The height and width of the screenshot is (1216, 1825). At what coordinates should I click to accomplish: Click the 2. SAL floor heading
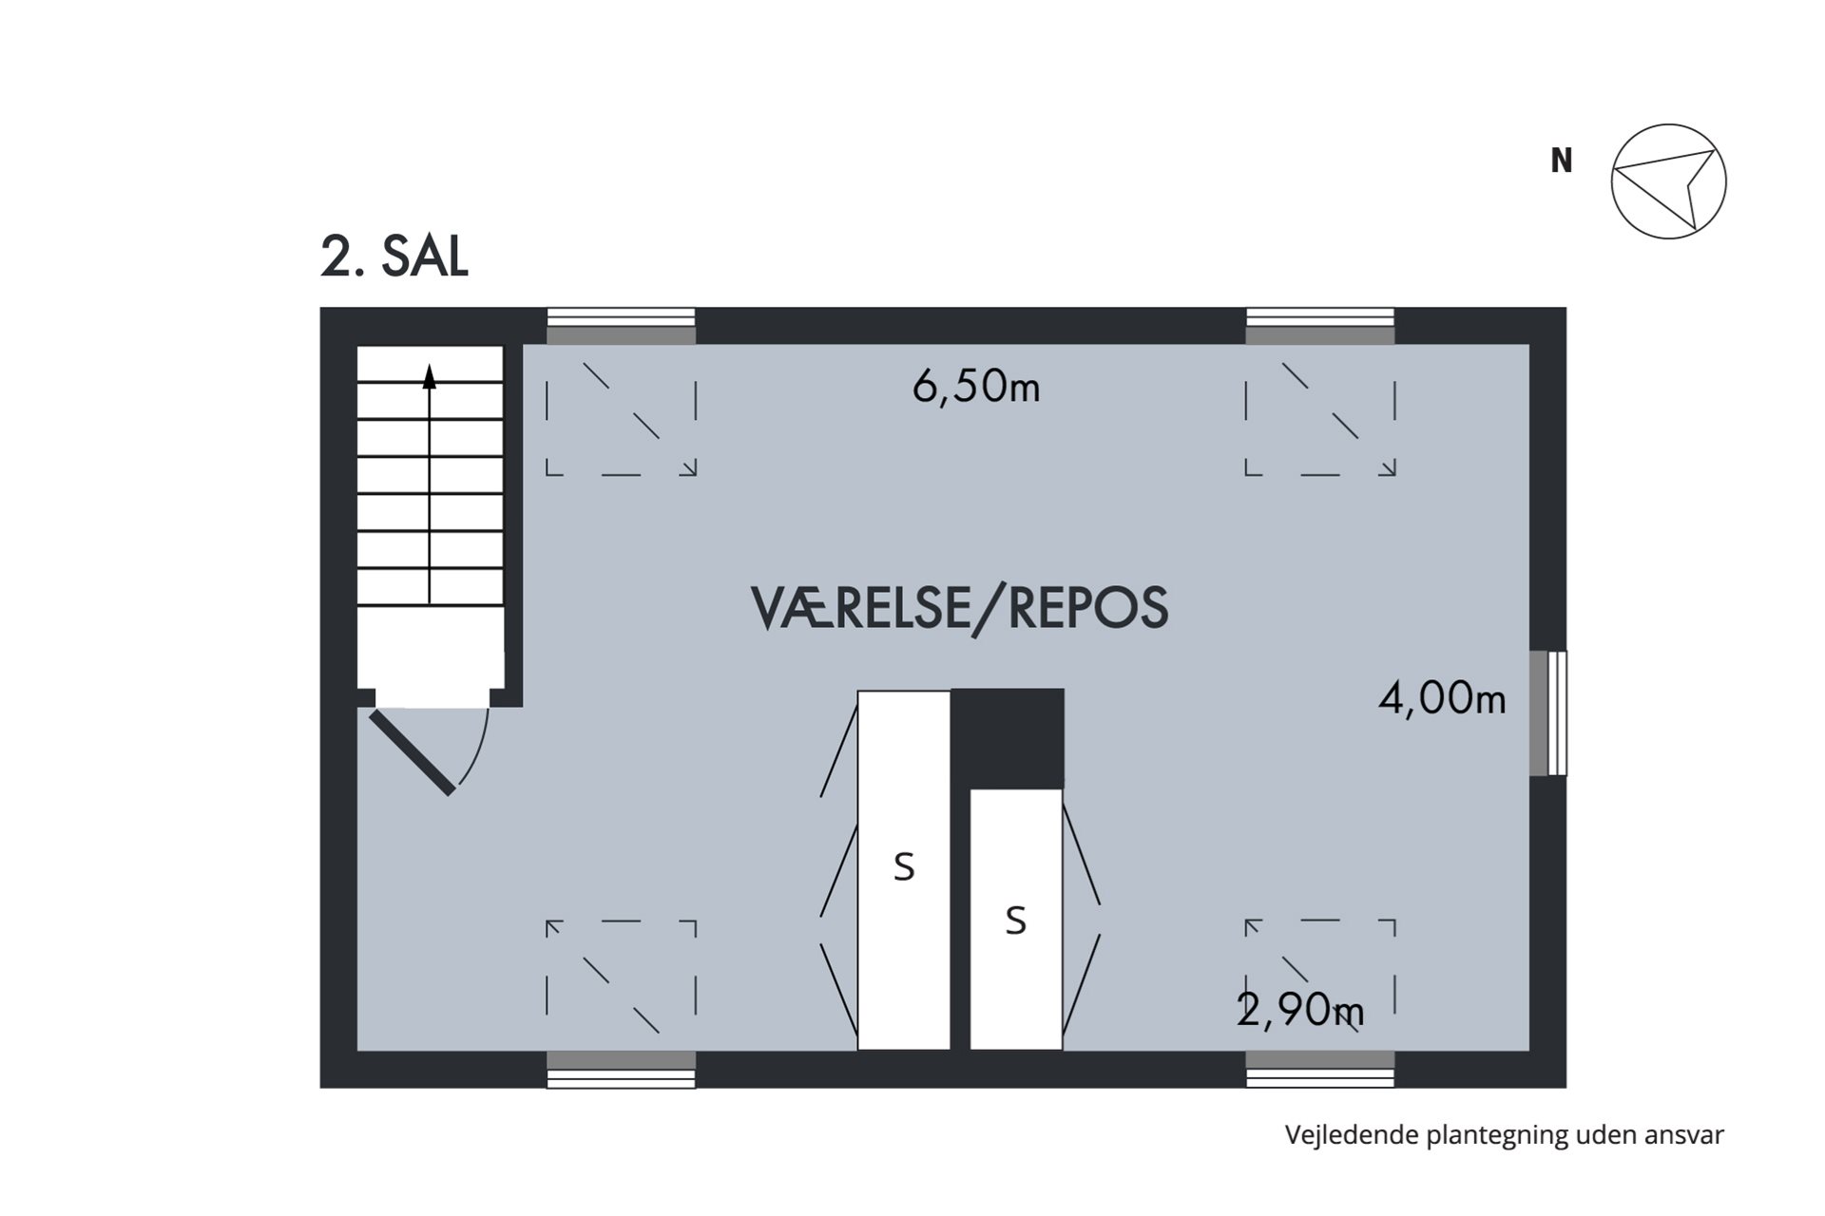[394, 256]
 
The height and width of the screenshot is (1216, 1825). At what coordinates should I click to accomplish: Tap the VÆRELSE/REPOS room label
[960, 608]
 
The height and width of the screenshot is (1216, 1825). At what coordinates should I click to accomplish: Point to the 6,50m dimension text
[976, 387]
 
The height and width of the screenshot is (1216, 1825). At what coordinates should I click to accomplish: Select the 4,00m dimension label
[1442, 699]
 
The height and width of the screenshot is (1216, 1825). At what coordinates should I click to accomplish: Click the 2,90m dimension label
[1300, 1010]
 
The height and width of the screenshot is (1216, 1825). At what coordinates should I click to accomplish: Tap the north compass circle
[1668, 181]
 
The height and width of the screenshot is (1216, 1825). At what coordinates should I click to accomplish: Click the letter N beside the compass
[1561, 161]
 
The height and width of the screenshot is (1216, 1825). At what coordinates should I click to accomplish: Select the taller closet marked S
[904, 870]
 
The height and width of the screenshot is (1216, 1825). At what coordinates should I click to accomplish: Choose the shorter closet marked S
[1016, 920]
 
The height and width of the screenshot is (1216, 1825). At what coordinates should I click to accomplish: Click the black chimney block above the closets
[1008, 739]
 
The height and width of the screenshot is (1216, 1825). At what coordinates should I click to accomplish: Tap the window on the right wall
[1548, 713]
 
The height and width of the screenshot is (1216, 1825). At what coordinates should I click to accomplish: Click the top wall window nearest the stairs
[621, 326]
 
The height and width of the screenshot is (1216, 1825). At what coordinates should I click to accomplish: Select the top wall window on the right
[1320, 326]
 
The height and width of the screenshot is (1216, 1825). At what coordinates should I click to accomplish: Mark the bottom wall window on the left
[621, 1070]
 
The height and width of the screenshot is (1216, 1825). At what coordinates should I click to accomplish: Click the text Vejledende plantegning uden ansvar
[1505, 1135]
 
